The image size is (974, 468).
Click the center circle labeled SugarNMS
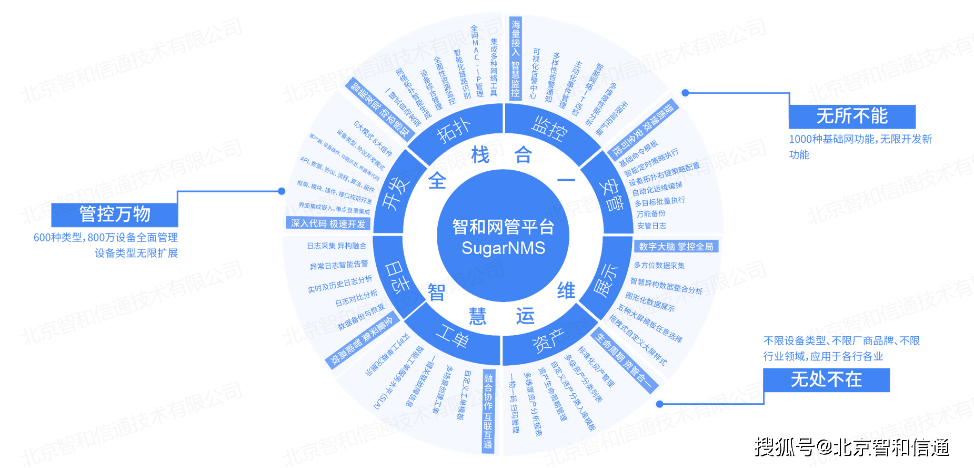click(503, 236)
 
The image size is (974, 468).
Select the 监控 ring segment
click(549, 128)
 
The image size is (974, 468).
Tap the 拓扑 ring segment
click(454, 130)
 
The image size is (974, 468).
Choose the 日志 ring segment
click(398, 276)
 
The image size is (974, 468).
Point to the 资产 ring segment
click(548, 340)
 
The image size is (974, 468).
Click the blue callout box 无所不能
click(851, 116)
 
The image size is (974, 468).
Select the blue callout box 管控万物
click(115, 214)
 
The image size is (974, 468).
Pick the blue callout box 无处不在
click(826, 379)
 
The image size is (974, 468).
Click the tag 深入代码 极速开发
click(328, 223)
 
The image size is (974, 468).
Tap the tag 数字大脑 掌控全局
click(676, 247)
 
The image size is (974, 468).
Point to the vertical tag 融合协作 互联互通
click(488, 411)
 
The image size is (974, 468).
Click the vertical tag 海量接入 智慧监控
click(515, 58)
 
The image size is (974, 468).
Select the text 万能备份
click(651, 213)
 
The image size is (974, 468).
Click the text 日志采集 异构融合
click(337, 246)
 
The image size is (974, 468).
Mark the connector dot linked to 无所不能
click(685, 93)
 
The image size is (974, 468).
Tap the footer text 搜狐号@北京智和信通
click(851, 446)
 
